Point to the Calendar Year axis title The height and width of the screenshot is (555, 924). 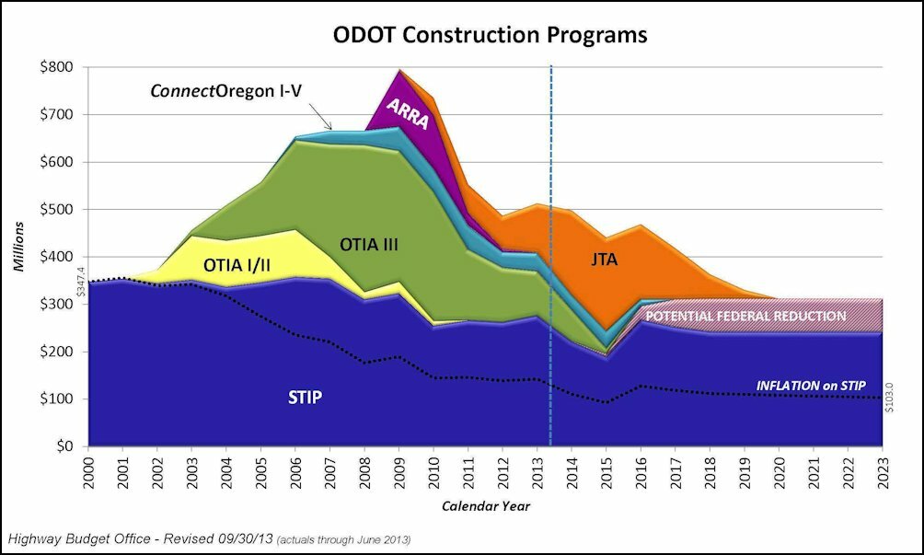pyautogui.click(x=485, y=506)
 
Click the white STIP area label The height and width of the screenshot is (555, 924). pyautogui.click(x=304, y=399)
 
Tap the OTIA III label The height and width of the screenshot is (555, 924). pyautogui.click(x=370, y=244)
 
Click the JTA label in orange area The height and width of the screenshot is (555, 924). pyautogui.click(x=605, y=260)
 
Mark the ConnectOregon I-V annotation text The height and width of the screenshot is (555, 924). pyautogui.click(x=232, y=92)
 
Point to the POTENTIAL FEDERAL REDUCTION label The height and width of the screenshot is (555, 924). pyautogui.click(x=745, y=316)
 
